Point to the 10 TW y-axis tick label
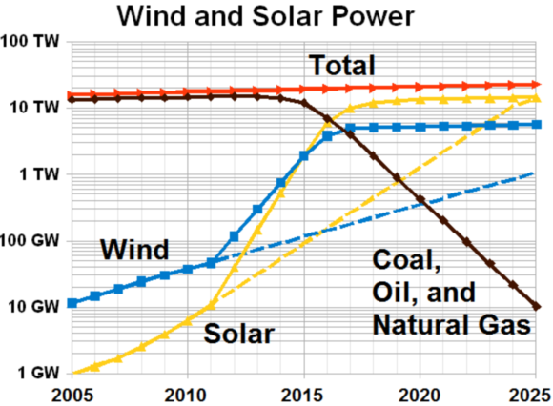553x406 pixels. click(35, 109)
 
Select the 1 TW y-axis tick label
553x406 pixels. click(39, 175)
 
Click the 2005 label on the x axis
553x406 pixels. click(72, 393)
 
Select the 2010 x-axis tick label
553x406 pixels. click(188, 393)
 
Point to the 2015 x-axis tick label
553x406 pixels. click(304, 393)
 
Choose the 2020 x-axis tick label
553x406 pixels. click(420, 393)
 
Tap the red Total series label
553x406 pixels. click(340, 65)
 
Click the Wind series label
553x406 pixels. click(134, 251)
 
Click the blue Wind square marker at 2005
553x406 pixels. click(72, 303)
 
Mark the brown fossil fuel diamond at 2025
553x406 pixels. click(538, 306)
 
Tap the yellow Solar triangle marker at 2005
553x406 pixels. click(72, 372)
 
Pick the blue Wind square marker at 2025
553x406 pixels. click(538, 125)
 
